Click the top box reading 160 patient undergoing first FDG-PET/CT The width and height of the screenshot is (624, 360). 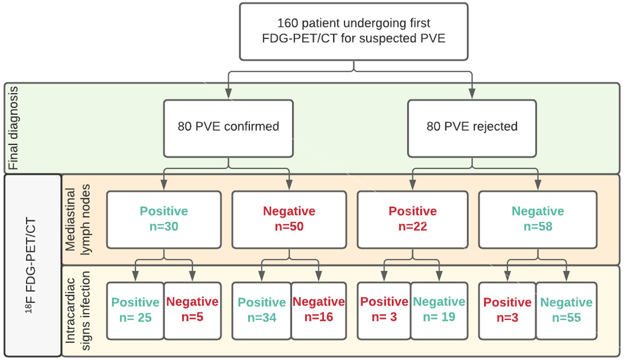coord(354,32)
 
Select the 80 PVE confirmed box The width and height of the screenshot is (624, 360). coord(228,128)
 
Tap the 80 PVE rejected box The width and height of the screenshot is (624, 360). coord(472,128)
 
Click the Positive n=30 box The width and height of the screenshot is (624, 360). coord(164,219)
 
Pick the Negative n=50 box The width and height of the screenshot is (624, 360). coord(289,219)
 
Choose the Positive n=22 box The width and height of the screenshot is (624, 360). coord(412,219)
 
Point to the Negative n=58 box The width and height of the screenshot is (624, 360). coord(537,219)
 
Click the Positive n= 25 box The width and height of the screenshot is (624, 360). coord(135,310)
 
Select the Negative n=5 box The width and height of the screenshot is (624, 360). coord(192,310)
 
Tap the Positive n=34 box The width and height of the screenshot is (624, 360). coord(262,310)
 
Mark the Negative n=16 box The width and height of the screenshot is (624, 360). coord(319,310)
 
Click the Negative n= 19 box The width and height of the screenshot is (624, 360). coord(439,310)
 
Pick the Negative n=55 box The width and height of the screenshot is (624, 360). coord(566,310)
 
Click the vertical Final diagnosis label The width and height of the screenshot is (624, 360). coord(13,128)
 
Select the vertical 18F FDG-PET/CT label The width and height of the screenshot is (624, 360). coord(31,266)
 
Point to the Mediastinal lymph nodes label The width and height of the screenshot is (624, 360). coord(78,219)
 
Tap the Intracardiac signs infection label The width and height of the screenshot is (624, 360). coord(78,311)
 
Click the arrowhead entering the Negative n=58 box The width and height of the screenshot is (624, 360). coord(538,185)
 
